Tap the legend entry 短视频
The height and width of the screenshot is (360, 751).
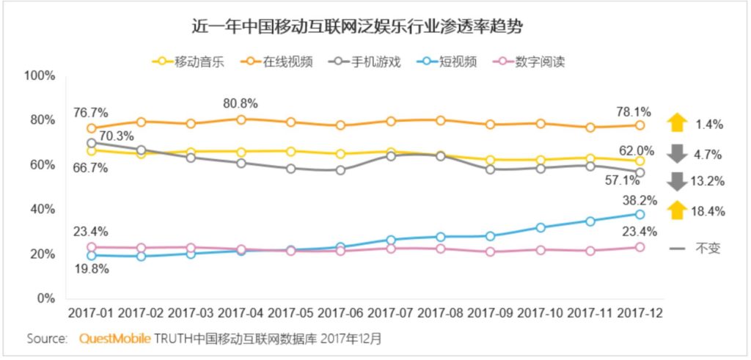tap(458, 61)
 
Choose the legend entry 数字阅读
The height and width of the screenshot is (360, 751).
tap(540, 61)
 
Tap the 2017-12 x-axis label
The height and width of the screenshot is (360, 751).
tap(640, 312)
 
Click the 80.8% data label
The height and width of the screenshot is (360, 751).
tap(241, 103)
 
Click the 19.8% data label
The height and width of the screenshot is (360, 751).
tap(91, 268)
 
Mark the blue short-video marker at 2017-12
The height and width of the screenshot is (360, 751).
tap(640, 214)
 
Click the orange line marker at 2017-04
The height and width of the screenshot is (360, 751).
tap(241, 119)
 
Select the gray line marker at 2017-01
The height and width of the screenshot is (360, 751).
tap(91, 144)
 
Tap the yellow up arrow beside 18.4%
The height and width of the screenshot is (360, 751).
tap(677, 211)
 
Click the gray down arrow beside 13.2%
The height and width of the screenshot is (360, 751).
tap(677, 181)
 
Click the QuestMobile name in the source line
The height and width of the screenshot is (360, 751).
tap(115, 339)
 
